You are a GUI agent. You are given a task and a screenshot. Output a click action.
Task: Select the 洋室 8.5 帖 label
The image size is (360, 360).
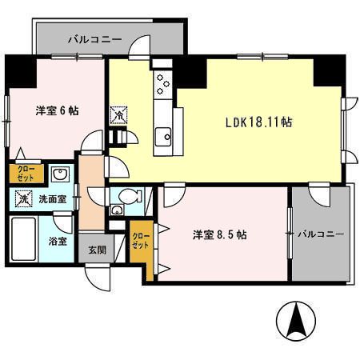pyautogui.click(x=218, y=235)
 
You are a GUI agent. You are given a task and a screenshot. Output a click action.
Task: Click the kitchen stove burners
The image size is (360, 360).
pyautogui.click(x=162, y=82)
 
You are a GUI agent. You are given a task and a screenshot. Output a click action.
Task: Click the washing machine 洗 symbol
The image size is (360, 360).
pyautogui.click(x=23, y=196)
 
